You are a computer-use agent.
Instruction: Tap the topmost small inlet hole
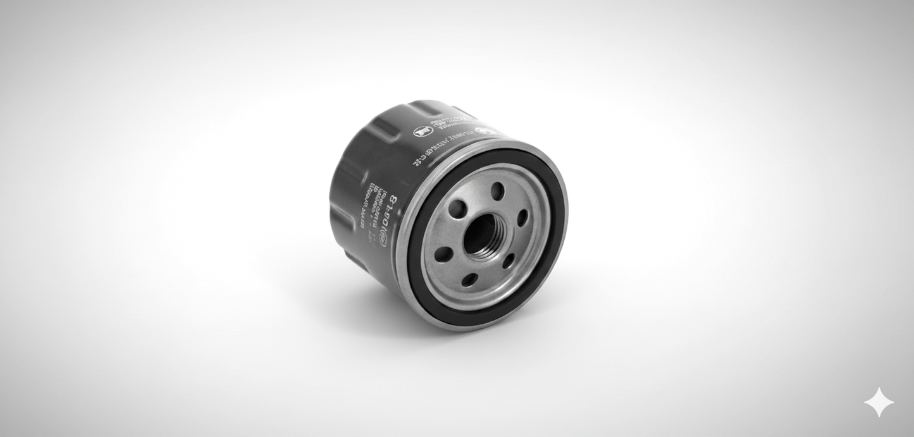click(x=498, y=191)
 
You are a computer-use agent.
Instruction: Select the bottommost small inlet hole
click(x=470, y=280)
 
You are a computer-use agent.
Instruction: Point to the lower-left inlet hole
click(x=444, y=254)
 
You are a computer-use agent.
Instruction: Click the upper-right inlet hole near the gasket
click(x=522, y=218)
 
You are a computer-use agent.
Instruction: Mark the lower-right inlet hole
click(x=509, y=261)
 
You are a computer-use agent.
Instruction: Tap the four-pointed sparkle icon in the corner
click(x=879, y=403)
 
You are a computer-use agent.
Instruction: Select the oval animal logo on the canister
click(x=423, y=132)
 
